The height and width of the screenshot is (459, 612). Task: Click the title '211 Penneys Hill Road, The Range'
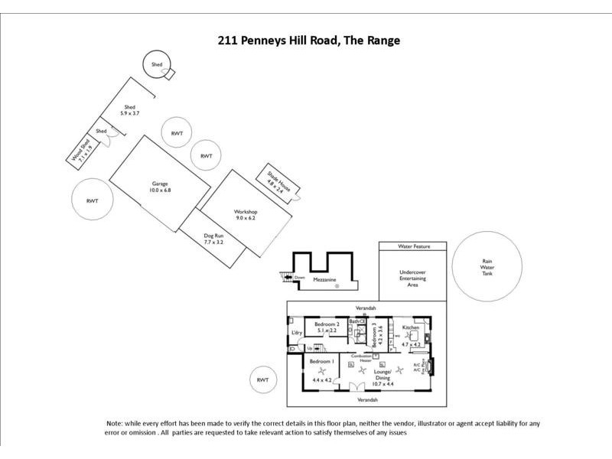(x=309, y=40)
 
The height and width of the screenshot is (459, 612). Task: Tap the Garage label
(x=159, y=184)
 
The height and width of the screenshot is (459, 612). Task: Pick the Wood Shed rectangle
(x=83, y=151)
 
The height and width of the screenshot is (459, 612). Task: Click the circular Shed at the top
(x=157, y=65)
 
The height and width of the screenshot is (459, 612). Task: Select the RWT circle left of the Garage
(x=93, y=201)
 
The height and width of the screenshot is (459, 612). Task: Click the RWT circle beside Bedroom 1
(x=262, y=380)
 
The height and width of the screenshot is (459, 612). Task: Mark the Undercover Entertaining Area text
(x=412, y=278)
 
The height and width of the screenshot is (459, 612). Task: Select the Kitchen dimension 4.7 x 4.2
(x=412, y=345)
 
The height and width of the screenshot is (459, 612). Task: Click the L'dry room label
(x=297, y=334)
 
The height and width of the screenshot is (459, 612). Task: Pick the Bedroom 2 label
(x=327, y=324)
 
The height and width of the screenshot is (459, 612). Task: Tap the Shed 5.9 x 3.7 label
(x=129, y=110)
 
